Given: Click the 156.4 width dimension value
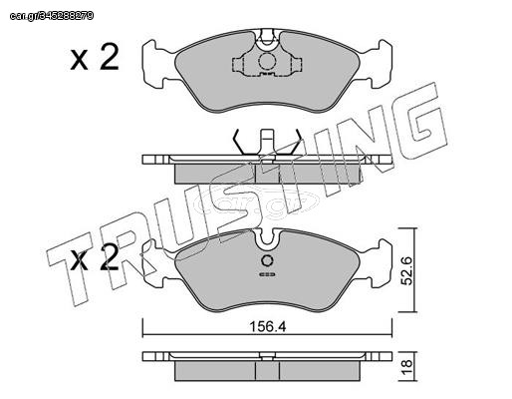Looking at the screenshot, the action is point(268,327).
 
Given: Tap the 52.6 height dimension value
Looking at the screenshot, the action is point(406,270).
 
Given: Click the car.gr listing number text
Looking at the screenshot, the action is point(52,16).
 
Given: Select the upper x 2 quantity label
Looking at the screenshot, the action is point(95,57).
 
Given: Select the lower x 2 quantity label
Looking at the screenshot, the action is point(95,257).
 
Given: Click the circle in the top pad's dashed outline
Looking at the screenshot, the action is point(267,62).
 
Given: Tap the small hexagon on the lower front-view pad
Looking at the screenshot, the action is point(267,261).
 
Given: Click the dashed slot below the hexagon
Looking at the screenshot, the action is point(267,274).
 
